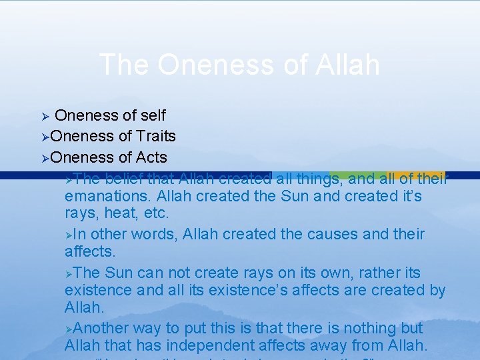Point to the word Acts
tap(152, 157)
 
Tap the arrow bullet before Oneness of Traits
tap(44, 137)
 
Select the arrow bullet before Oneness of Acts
tap(44, 158)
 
